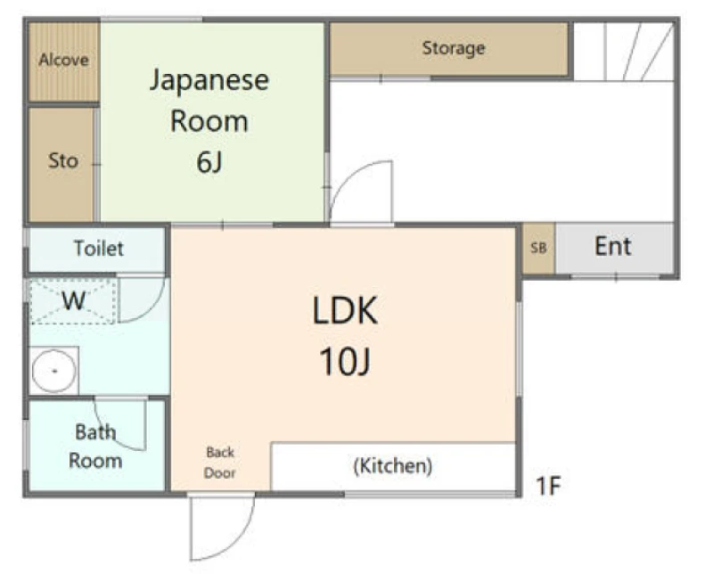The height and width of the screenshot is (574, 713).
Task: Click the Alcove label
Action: [63, 60]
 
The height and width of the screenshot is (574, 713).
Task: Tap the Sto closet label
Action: [63, 161]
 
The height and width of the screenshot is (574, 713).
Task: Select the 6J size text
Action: [209, 162]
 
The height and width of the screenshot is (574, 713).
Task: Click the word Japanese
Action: [209, 80]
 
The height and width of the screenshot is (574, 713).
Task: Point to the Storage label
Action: [454, 48]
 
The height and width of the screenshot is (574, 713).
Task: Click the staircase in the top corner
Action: [623, 52]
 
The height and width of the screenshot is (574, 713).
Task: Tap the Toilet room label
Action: [99, 249]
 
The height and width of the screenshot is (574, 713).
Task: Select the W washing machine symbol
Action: [73, 301]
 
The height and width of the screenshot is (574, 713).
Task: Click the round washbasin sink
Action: [54, 371]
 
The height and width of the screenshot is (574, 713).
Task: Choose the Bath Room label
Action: [95, 447]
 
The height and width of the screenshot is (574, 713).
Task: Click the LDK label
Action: [345, 310]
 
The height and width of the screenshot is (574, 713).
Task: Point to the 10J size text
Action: [345, 361]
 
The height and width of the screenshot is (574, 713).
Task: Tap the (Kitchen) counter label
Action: [393, 465]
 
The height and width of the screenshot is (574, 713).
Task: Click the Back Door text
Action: [220, 463]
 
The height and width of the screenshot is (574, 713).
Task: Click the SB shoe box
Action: [538, 248]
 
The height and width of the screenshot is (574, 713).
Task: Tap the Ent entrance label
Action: [613, 247]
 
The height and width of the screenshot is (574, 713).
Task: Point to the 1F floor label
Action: [548, 485]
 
